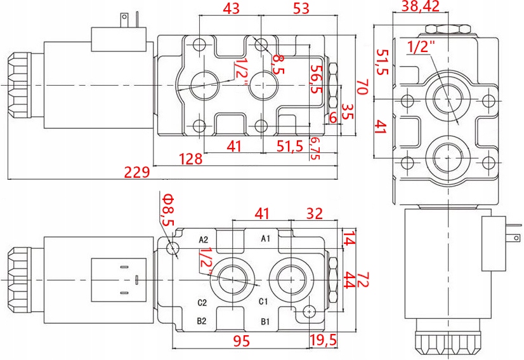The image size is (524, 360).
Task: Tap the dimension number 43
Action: point(230,8)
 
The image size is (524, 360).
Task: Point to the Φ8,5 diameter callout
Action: point(167,211)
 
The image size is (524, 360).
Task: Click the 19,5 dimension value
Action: point(323,342)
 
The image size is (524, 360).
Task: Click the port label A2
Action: point(204,240)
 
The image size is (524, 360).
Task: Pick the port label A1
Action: point(266,239)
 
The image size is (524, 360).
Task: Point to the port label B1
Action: point(266,321)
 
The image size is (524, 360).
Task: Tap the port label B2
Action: point(202,321)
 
